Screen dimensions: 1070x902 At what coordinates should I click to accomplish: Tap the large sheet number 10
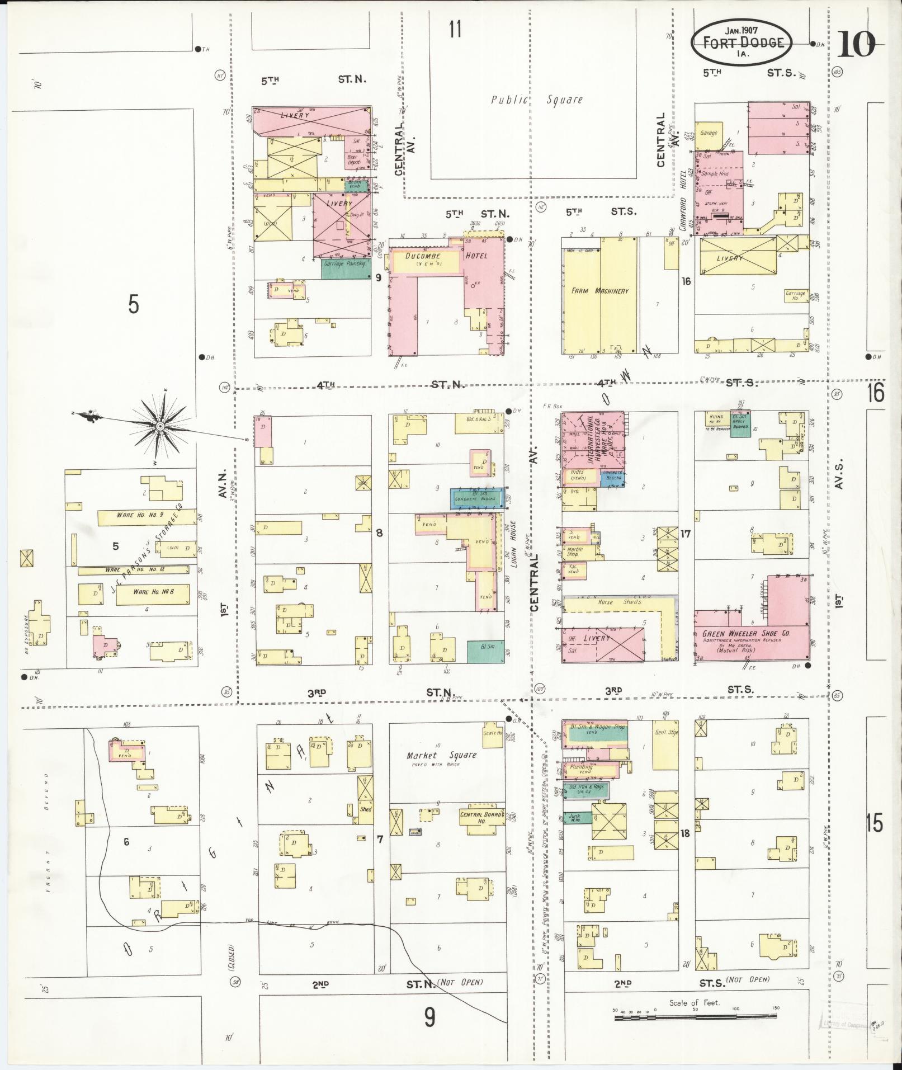[855, 45]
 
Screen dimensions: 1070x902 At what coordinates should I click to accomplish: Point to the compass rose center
[160, 426]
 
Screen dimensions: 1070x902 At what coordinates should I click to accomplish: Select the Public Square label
[536, 100]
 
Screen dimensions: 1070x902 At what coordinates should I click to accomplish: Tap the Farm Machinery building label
[599, 291]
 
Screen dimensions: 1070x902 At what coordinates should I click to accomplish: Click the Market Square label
[442, 755]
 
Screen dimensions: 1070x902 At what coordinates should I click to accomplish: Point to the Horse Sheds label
[613, 602]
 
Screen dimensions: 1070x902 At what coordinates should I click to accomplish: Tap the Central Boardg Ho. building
[480, 818]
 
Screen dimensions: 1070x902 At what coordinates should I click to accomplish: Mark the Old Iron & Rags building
[585, 790]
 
